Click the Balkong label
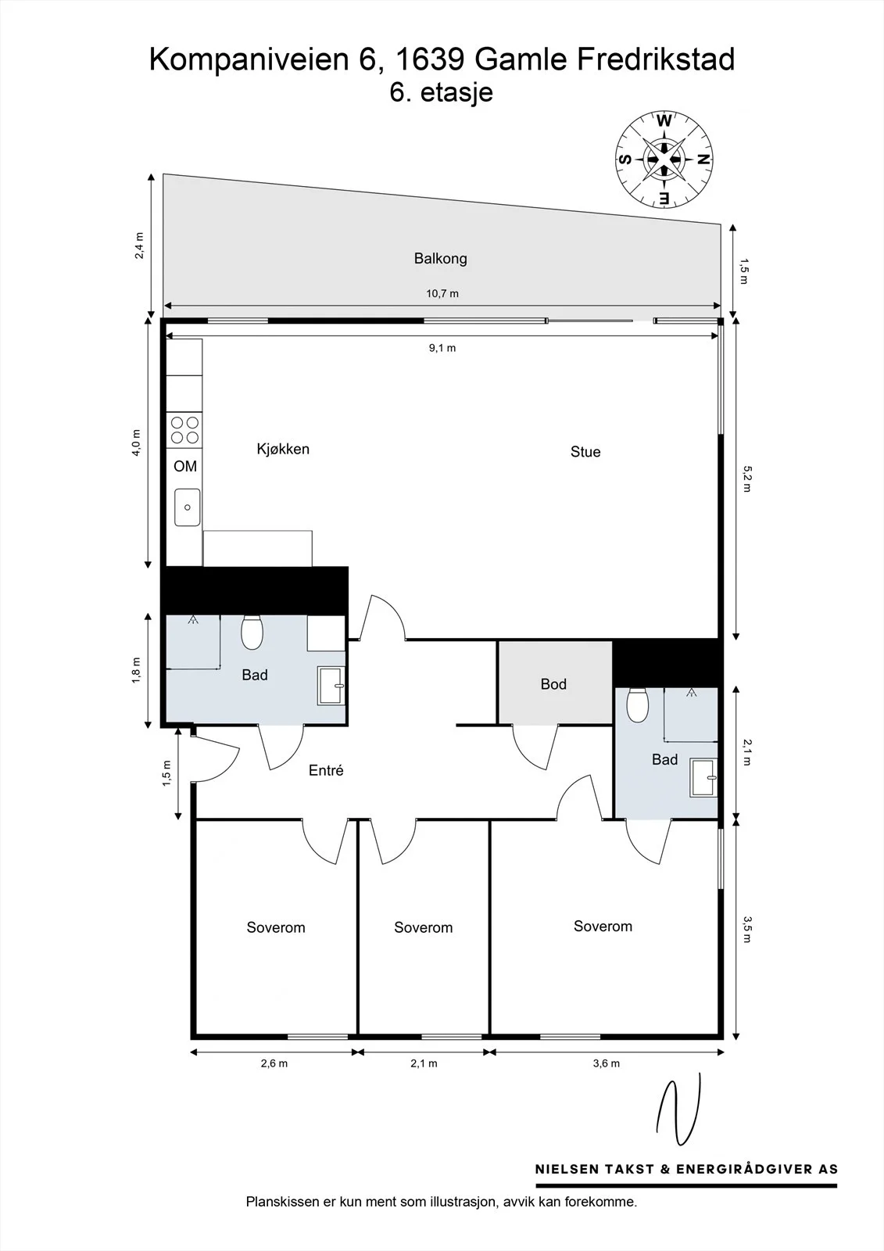click(440, 259)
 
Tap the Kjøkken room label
click(283, 449)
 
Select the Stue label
click(585, 452)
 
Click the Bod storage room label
click(553, 684)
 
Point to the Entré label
click(326, 771)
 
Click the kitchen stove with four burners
click(184, 430)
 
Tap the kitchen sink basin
click(187, 507)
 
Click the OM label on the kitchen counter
click(184, 466)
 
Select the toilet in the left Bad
click(252, 633)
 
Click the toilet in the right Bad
click(637, 704)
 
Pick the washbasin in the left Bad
click(331, 685)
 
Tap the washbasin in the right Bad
click(703, 777)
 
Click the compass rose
click(664, 160)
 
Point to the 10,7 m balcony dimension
click(442, 294)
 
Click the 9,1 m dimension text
click(442, 348)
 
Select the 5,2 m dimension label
click(747, 479)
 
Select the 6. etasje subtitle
click(441, 93)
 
